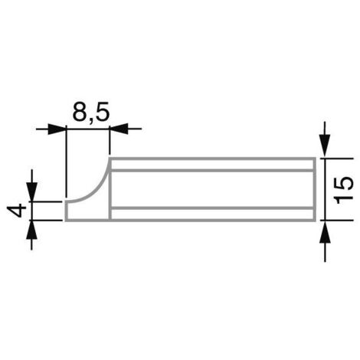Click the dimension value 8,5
pyautogui.click(x=91, y=111)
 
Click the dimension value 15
pyautogui.click(x=344, y=190)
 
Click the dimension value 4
pyautogui.click(x=17, y=211)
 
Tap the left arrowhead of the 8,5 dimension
pyautogui.click(x=57, y=129)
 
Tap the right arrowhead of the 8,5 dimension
pyautogui.click(x=119, y=129)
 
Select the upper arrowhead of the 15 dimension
pyautogui.click(x=325, y=146)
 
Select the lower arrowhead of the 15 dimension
pyautogui.click(x=325, y=232)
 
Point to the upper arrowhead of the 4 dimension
pyautogui.click(x=32, y=191)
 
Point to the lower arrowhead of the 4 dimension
pyautogui.click(x=32, y=230)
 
